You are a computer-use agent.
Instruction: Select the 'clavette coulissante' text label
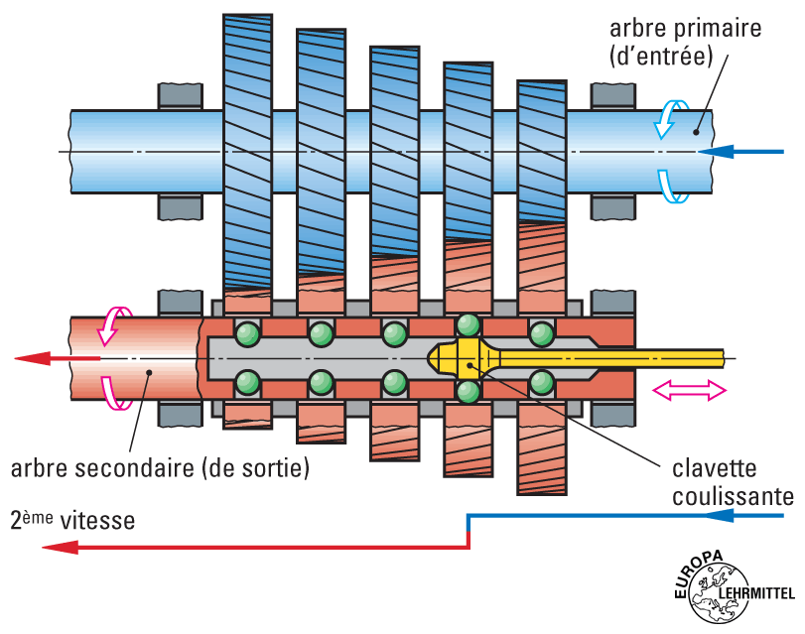(x=733, y=481)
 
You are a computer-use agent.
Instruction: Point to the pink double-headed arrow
(x=689, y=392)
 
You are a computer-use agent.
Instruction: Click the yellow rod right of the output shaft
(x=635, y=355)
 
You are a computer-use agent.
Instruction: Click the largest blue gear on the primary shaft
(x=247, y=149)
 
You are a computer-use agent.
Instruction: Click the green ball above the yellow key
(x=467, y=325)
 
